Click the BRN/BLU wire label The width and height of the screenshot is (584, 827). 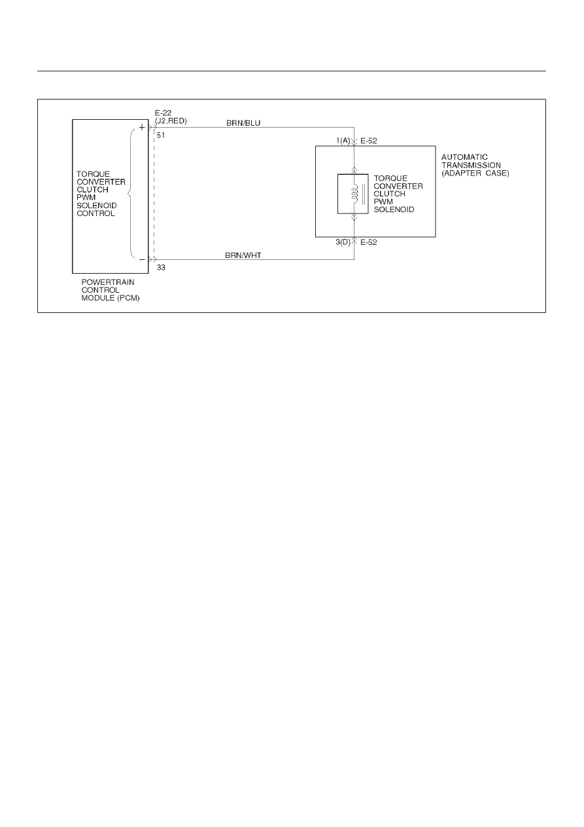(243, 123)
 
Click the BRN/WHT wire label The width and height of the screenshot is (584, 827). (243, 255)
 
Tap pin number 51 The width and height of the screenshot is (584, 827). (161, 136)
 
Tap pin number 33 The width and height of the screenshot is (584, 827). (161, 268)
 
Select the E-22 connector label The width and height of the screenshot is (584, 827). (163, 113)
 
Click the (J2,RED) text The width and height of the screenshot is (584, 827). (171, 121)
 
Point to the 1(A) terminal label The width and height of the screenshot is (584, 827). (343, 141)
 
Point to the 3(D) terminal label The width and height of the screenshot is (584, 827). (343, 242)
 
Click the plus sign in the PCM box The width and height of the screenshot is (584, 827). (142, 128)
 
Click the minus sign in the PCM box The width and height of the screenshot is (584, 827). (142, 260)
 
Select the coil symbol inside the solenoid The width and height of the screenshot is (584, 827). (354, 193)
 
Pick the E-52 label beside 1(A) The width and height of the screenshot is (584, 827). (369, 141)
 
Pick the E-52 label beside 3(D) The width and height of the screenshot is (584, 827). (369, 242)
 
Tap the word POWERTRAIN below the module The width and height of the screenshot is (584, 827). (108, 282)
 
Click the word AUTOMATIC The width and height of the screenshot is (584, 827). (464, 157)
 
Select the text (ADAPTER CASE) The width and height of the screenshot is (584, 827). (475, 173)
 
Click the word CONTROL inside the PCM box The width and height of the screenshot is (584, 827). (96, 213)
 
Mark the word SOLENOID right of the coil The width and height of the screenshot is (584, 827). (394, 210)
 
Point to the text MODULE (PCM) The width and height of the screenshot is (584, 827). (111, 298)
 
